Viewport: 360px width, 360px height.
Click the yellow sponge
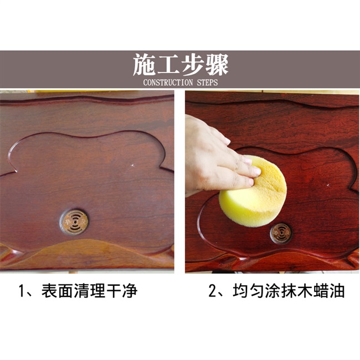(252, 192)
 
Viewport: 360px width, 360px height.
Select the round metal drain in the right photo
(281, 233)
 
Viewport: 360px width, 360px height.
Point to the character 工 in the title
(168, 65)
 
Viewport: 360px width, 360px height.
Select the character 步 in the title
(192, 65)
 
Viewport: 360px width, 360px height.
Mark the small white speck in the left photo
(133, 164)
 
